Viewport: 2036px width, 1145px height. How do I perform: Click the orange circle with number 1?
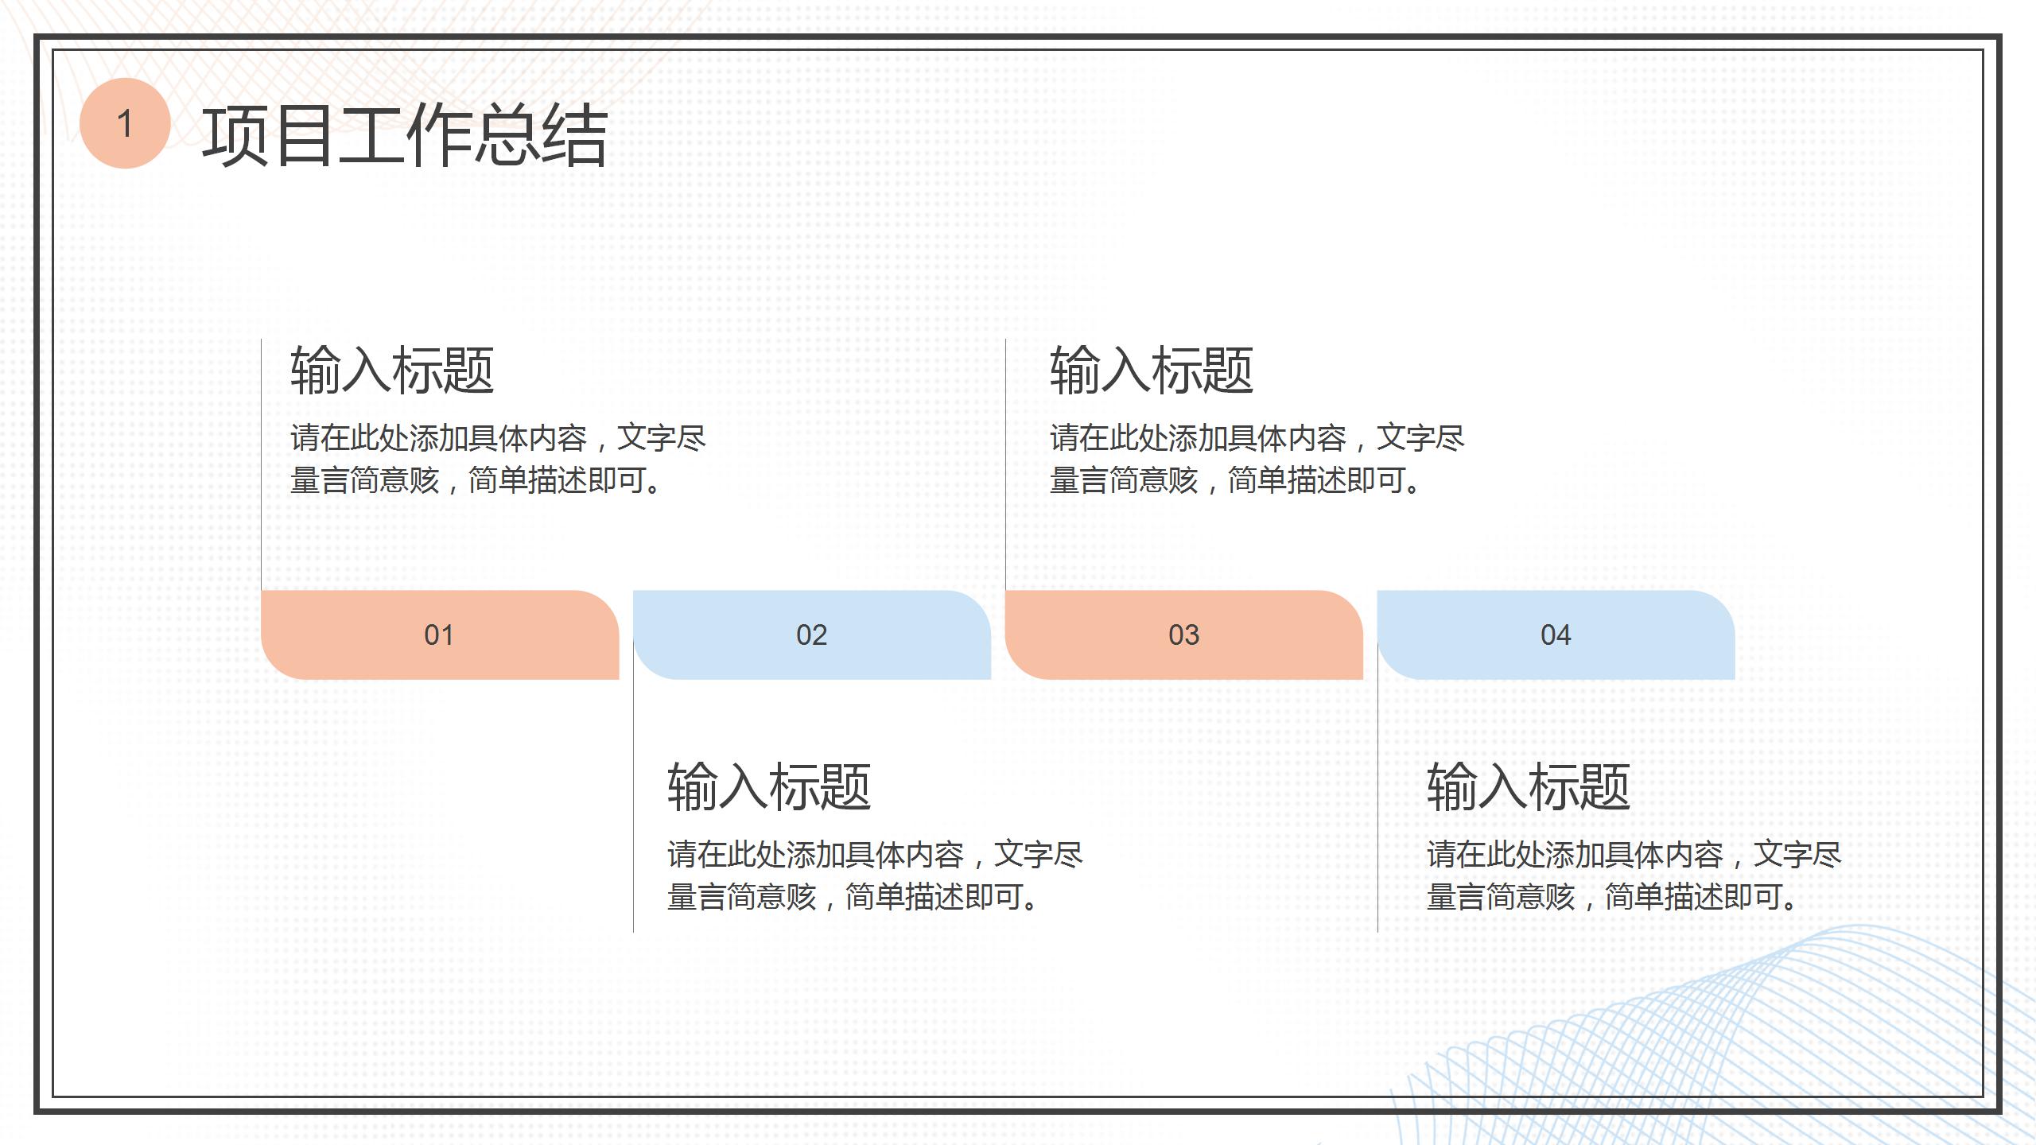pos(125,123)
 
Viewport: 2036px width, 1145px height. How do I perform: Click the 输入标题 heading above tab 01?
pos(391,371)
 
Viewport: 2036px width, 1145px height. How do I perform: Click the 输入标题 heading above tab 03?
pos(1151,371)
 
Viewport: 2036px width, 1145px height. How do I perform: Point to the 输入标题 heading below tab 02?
pos(768,787)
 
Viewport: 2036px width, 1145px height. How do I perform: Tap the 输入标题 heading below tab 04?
pos(1528,787)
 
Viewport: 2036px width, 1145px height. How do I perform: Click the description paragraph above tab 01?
pos(497,459)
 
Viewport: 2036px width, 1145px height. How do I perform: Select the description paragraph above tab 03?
pos(1257,459)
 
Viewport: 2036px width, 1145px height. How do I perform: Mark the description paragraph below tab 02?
pos(874,875)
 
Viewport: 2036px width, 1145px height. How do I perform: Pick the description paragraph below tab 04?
pos(1634,875)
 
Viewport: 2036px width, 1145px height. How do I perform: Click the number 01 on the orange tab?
pos(439,635)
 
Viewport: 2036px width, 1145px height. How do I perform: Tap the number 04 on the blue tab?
pos(1556,635)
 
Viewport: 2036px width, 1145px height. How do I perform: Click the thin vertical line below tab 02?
pos(633,803)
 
